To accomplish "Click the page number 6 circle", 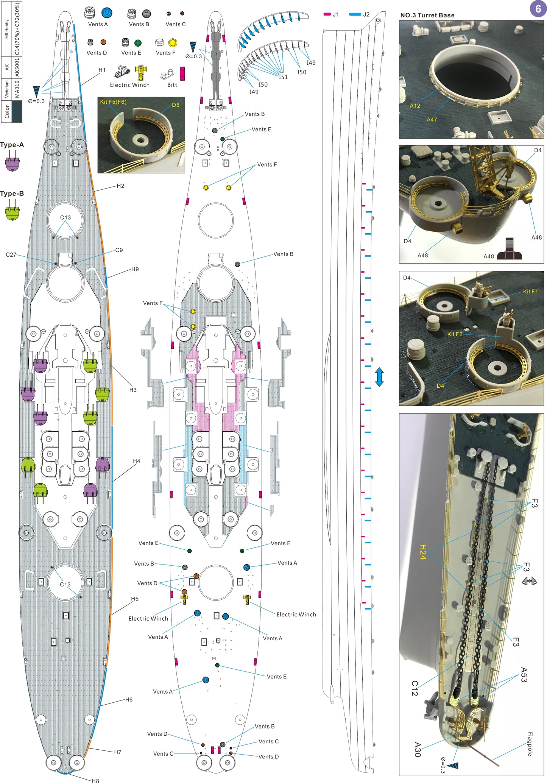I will point(538,8).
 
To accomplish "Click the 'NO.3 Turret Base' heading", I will point(427,15).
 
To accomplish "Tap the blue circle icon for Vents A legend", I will point(107,13).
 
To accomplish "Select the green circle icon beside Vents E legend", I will point(138,43).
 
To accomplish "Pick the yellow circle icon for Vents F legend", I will point(173,42).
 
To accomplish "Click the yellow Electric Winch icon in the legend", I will point(141,73).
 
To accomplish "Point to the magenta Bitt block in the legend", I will point(182,73).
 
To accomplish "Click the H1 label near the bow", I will point(102,70).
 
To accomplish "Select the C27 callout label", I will point(11,255).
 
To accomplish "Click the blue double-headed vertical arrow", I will point(379,377).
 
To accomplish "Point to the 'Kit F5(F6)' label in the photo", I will point(113,102).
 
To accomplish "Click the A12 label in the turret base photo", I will point(415,106).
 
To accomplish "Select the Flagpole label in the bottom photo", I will point(530,744).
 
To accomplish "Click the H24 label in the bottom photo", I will point(423,552).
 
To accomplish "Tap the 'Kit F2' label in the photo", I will point(455,334).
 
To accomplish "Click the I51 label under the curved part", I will point(283,77).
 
